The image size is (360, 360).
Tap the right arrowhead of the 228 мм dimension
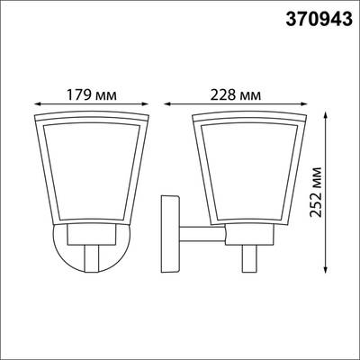point(303,103)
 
